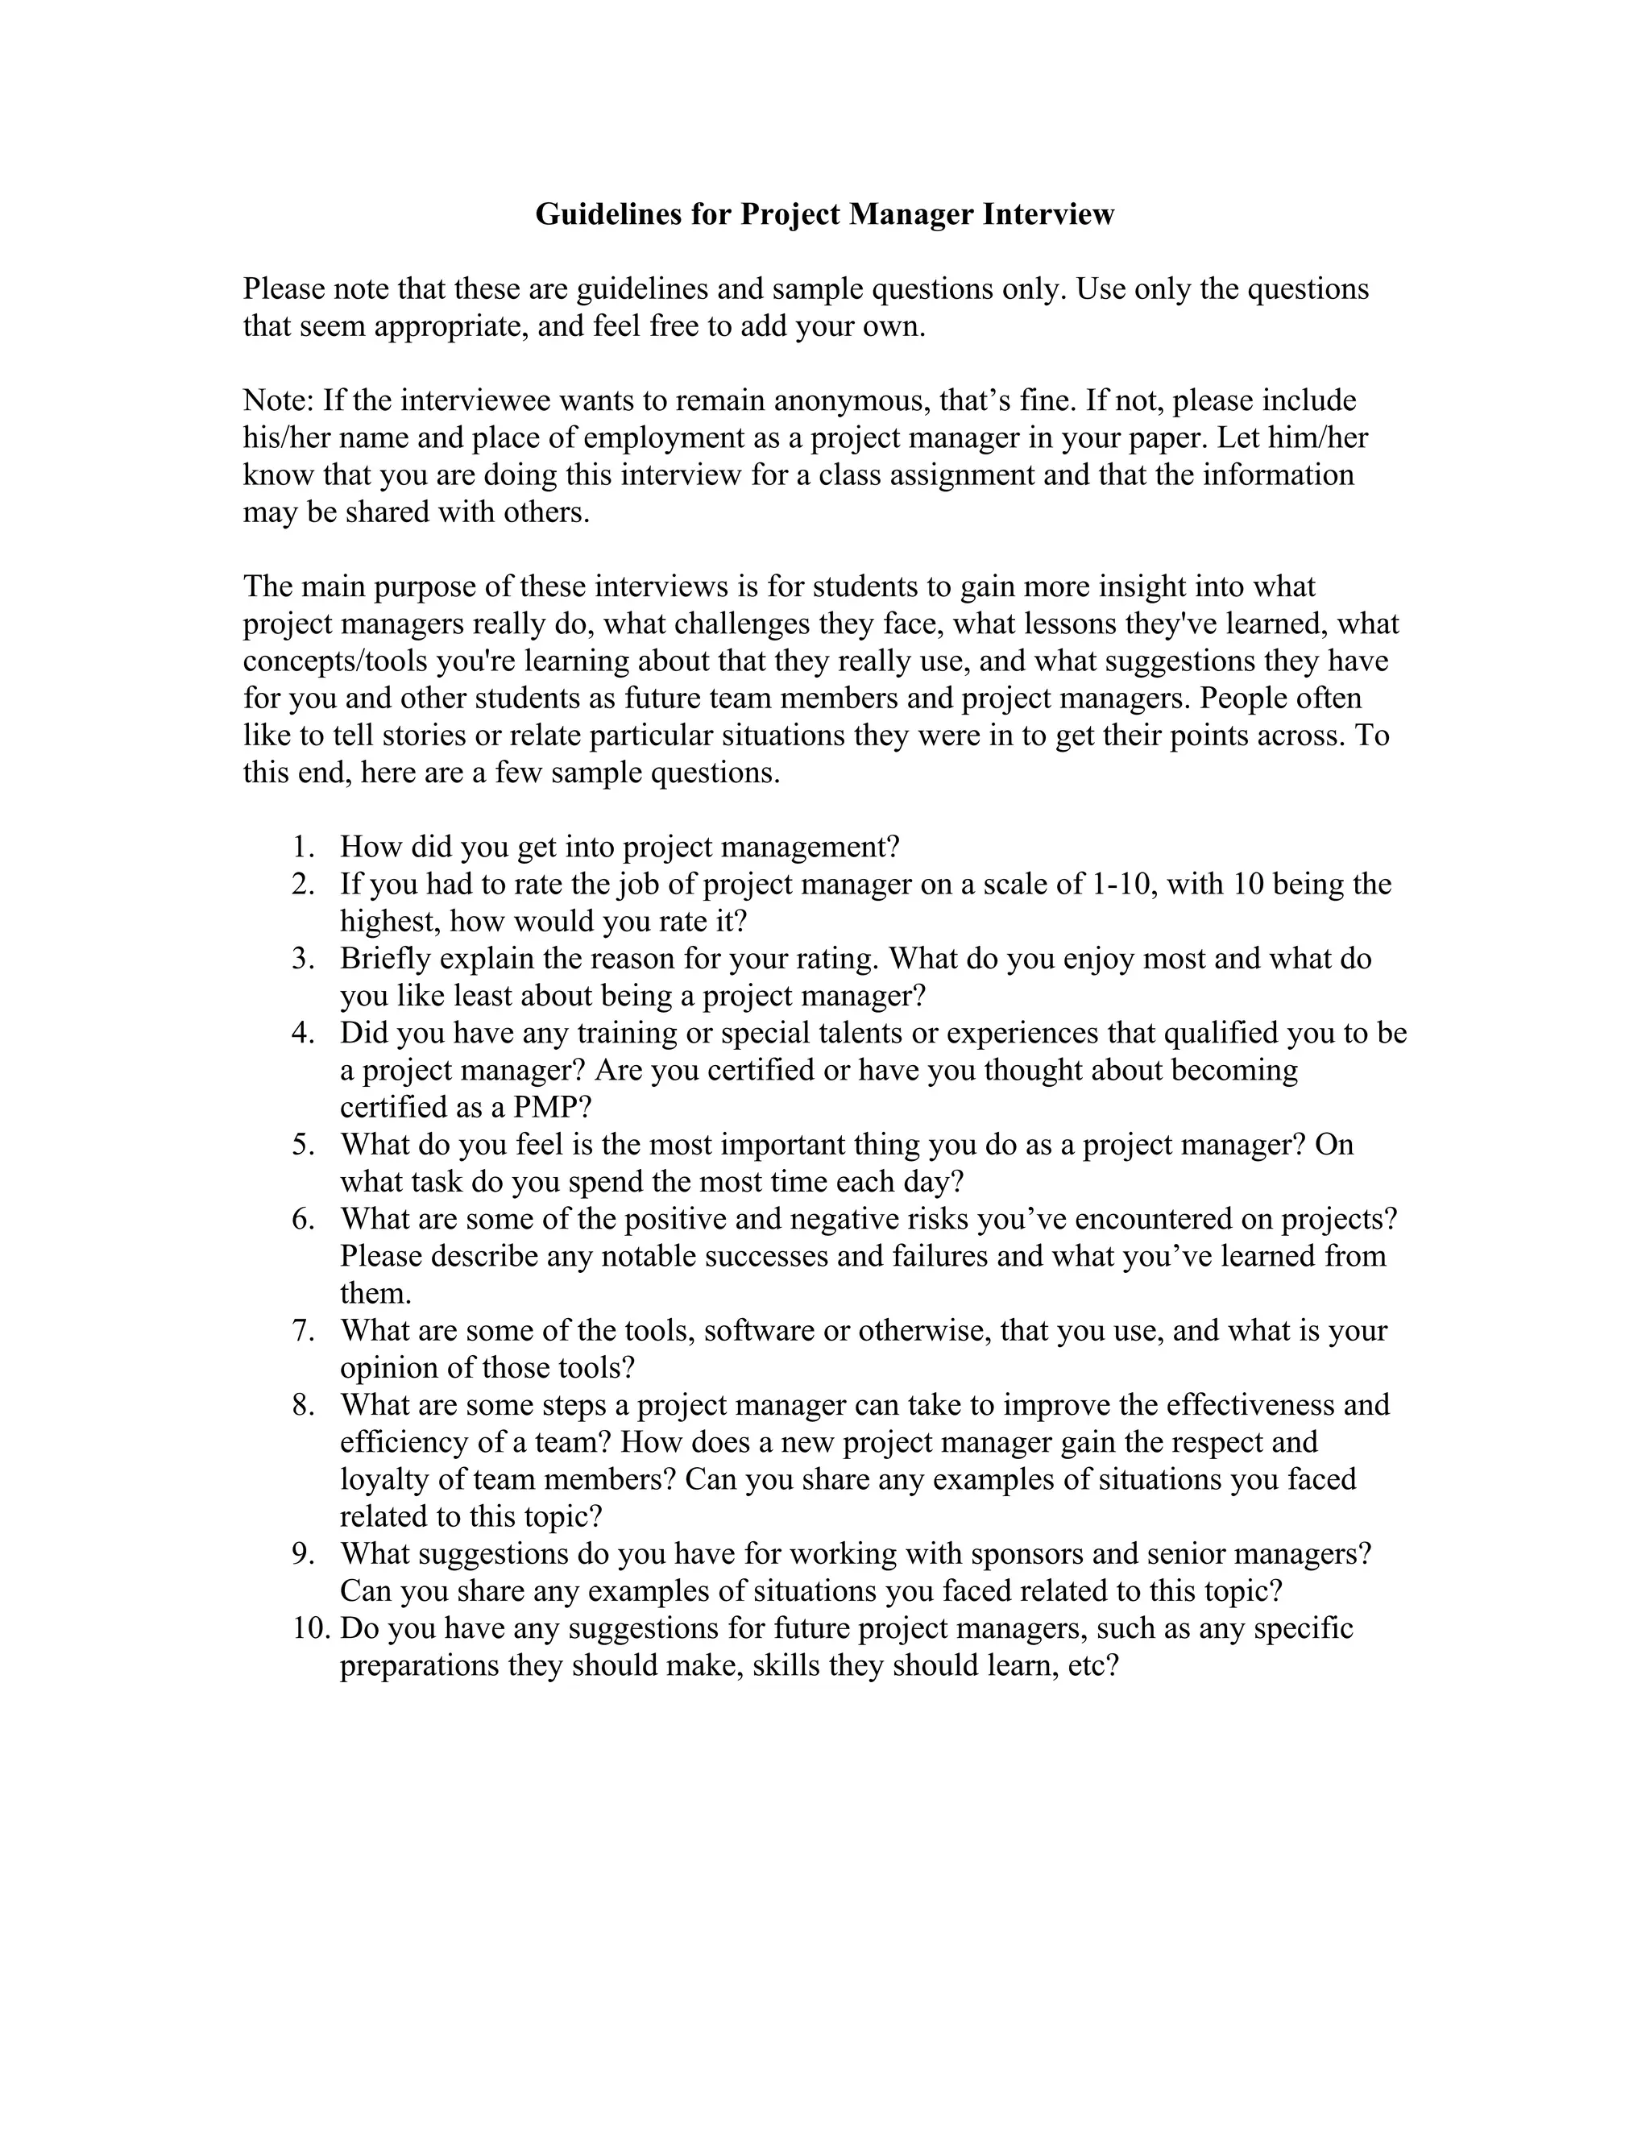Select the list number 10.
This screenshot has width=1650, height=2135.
311,1627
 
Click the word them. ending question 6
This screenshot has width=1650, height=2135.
375,1293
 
